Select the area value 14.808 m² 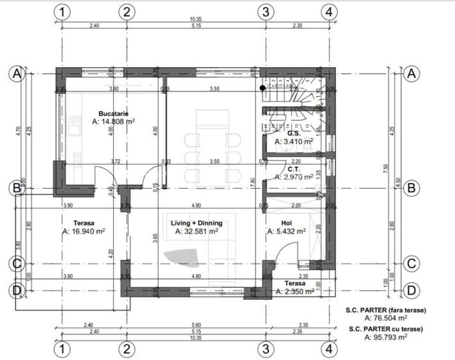point(114,121)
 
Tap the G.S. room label point(294,134)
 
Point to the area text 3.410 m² point(293,142)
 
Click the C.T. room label point(294,169)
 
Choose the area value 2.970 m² point(293,177)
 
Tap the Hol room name point(287,223)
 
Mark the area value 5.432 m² point(287,231)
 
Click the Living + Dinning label point(196,223)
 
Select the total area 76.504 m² point(386,318)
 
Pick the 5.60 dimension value point(196,325)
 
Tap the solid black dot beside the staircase point(262,87)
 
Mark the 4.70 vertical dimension point(19,130)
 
